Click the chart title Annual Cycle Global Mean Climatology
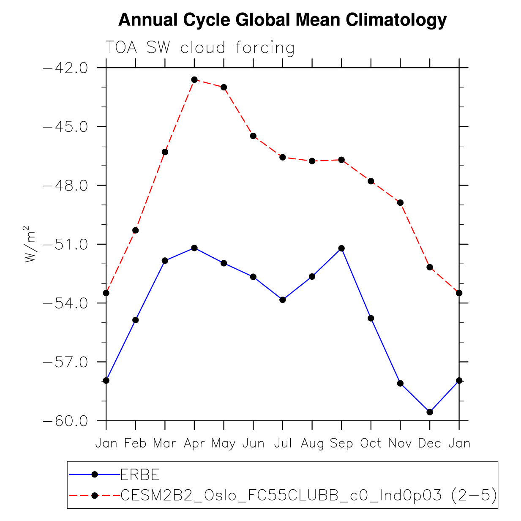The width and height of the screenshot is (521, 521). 282,20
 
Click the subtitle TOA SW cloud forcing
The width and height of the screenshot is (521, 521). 199,48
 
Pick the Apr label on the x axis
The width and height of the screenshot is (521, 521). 194,443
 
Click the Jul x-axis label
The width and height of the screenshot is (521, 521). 283,443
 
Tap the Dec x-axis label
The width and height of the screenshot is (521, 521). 430,443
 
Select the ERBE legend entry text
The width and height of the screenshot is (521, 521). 140,475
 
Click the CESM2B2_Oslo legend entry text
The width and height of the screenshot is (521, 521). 308,495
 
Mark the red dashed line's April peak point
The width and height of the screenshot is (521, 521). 194,79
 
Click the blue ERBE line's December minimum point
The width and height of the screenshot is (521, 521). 430,412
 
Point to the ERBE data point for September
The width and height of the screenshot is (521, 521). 341,248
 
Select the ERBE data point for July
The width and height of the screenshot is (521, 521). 283,300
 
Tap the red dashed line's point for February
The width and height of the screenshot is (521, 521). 136,230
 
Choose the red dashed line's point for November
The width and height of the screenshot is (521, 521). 400,203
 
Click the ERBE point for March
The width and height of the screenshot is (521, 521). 165,261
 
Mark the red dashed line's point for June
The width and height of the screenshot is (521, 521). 253,136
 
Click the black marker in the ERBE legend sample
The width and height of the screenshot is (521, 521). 95,475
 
